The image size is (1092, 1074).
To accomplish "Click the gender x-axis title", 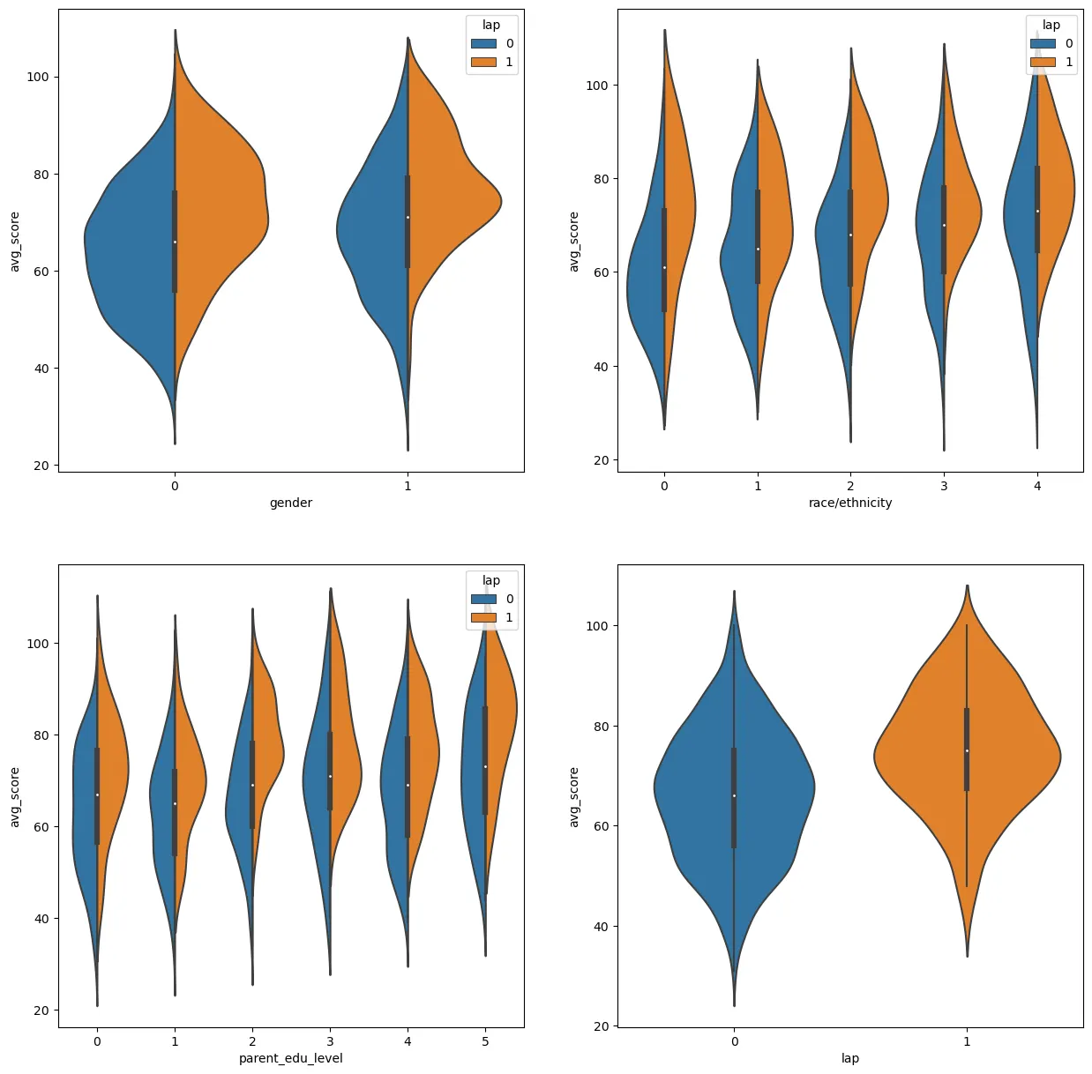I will point(291,503).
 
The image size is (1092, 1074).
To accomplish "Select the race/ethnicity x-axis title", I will point(849,503).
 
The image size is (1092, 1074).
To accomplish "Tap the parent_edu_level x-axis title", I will point(291,1058).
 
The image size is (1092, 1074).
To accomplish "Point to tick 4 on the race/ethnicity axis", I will point(1037,485).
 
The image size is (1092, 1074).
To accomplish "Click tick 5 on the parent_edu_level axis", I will point(485,1041).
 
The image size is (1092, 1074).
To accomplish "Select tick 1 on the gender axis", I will point(408,485).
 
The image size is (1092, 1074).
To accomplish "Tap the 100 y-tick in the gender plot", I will point(38,77).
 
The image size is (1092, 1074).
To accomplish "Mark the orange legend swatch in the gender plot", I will point(483,62).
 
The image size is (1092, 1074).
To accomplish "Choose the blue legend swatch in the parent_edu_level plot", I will point(483,599).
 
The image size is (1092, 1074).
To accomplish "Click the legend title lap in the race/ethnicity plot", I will point(1051,25).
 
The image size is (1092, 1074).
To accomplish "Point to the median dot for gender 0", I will point(175,242).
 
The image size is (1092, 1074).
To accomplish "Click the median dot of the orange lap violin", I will point(967,750).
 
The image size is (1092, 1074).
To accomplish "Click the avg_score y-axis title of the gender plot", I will point(14,242).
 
